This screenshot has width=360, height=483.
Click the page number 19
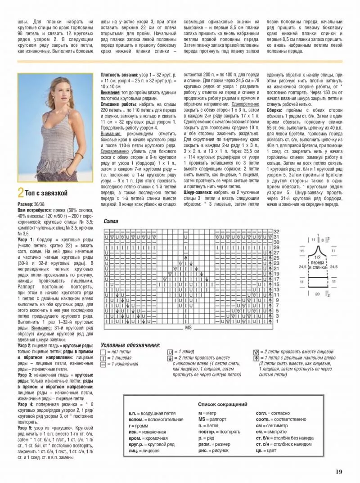(339, 472)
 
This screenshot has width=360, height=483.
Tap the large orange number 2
(20, 194)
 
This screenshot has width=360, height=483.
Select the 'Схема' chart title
(111, 221)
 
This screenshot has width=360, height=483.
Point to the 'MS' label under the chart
(188, 328)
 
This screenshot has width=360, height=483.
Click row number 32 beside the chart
(276, 231)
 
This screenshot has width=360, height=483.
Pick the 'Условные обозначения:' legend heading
(130, 345)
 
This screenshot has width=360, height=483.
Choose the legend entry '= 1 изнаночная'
(122, 363)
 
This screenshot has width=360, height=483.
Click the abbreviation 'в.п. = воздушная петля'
(151, 413)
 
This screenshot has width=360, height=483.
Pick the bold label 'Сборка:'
(275, 110)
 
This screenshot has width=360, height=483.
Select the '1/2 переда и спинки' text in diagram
(318, 265)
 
